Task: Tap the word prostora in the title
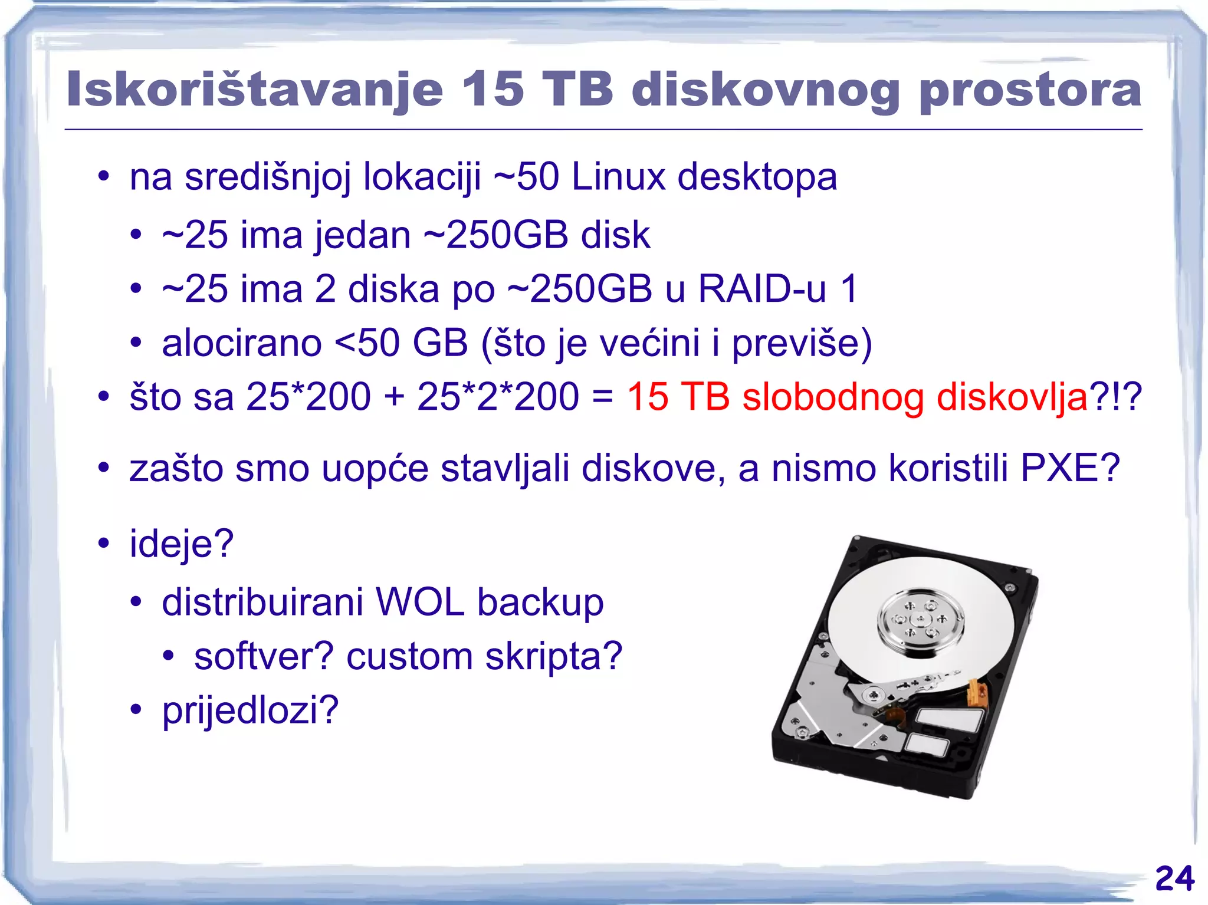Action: click(1030, 90)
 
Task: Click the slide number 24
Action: click(1174, 878)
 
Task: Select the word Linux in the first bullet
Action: click(618, 176)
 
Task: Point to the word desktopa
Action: click(757, 177)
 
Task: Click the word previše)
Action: click(802, 344)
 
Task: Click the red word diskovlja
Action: click(1012, 397)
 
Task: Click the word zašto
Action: click(176, 468)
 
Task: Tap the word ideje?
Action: click(182, 544)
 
